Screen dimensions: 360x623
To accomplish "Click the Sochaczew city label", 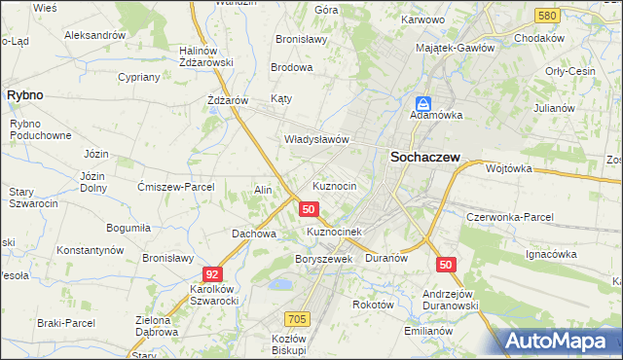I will pos(425,156).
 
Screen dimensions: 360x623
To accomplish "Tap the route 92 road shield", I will pos(212,274).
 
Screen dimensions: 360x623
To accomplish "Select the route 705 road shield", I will pos(298,319).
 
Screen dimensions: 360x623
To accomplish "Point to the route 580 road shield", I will pos(546,16).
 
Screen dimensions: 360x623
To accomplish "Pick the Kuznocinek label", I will pos(334,232).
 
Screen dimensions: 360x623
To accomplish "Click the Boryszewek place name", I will pos(322,259).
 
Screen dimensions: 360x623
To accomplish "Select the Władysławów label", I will pos(316,139).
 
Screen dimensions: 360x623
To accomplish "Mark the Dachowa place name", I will pos(254,234).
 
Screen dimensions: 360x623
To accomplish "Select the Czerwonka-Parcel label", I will pos(510,216).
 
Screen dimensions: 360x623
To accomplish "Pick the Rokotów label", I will pos(373,304).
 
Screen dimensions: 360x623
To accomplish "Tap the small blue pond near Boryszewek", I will pos(279,284).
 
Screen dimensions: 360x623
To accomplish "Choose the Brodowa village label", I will pos(292,67).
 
